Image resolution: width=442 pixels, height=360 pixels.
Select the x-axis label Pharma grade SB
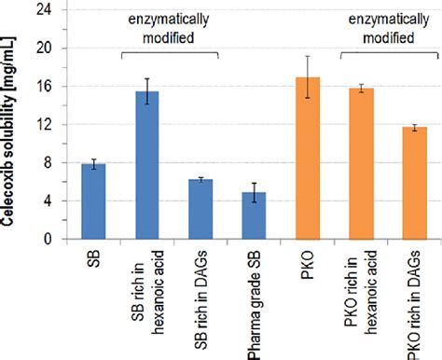(x=254, y=298)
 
